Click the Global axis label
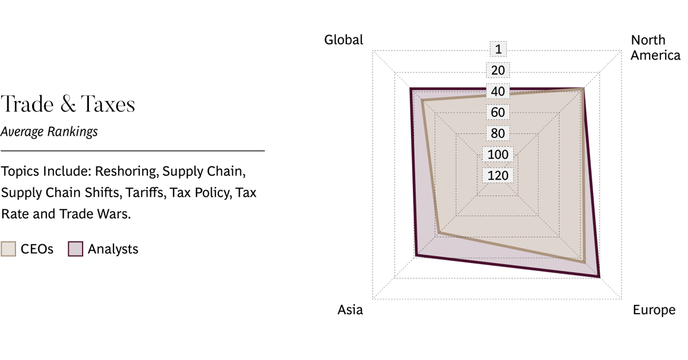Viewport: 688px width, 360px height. click(343, 40)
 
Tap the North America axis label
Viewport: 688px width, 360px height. click(655, 48)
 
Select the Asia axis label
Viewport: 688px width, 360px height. click(350, 310)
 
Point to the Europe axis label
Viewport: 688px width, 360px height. click(654, 310)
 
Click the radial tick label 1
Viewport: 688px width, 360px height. click(498, 49)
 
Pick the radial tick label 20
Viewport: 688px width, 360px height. click(498, 71)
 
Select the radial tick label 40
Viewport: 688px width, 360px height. click(498, 91)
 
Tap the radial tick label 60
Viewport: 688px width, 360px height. click(498, 112)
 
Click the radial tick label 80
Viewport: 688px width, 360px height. click(498, 134)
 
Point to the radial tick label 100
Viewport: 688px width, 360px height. click(498, 154)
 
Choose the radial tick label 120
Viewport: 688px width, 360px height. click(498, 175)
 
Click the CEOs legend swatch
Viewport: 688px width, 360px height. click(9, 249)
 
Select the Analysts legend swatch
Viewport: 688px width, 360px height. click(76, 249)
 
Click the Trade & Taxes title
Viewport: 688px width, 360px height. click(68, 105)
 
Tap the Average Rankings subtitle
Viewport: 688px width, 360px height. click(49, 132)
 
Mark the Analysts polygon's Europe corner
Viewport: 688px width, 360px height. click(600, 277)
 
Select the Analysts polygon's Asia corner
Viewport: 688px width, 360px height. click(414, 257)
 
